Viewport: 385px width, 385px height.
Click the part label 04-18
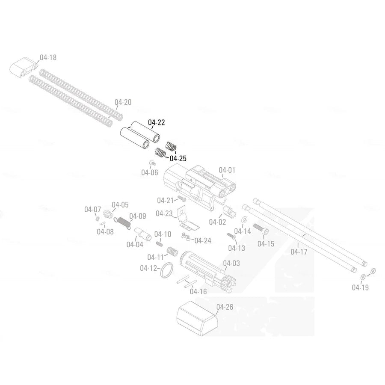(48, 57)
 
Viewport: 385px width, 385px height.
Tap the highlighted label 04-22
(156, 123)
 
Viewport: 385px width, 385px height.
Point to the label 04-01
(227, 170)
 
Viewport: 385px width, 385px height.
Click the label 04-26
(225, 307)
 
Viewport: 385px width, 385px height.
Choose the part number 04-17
(299, 252)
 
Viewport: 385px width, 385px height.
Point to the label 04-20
(123, 102)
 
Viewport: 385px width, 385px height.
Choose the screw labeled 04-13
(231, 236)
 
